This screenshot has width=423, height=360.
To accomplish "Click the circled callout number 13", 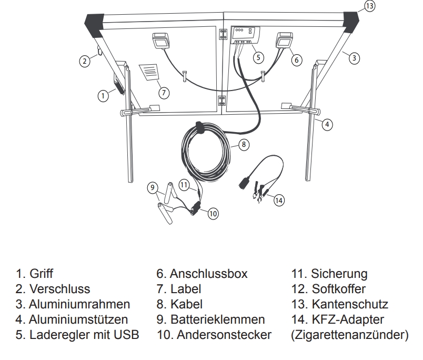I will click(x=370, y=6).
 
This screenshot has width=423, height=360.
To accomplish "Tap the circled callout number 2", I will click(x=84, y=61).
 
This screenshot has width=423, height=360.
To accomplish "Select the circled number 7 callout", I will click(x=164, y=92).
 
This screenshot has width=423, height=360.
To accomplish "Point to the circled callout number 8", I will click(x=244, y=143).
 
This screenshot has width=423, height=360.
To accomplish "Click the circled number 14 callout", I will click(x=278, y=201).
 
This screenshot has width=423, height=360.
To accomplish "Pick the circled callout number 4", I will click(x=327, y=124).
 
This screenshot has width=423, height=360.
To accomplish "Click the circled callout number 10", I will click(x=213, y=213).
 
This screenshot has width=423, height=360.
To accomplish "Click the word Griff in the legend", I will click(x=42, y=274).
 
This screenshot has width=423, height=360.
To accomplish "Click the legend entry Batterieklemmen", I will click(x=218, y=319).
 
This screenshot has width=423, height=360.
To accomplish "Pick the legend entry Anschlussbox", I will click(x=209, y=274).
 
